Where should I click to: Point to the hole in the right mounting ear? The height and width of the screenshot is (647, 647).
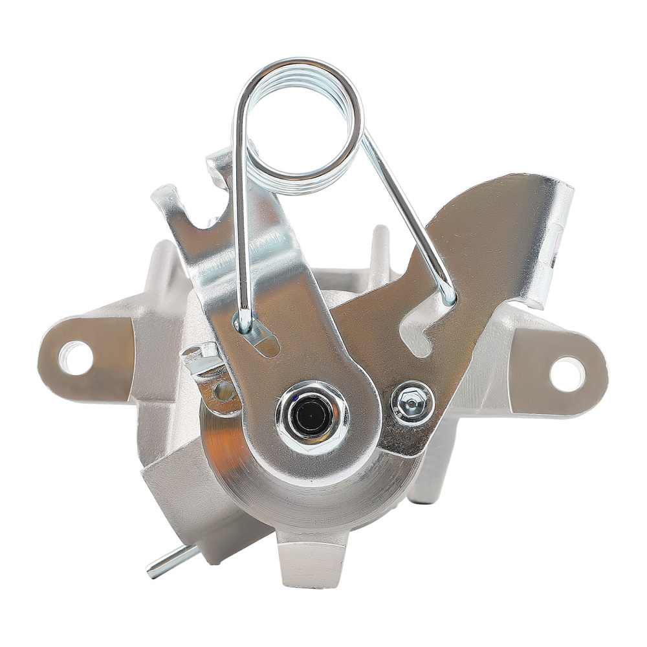pos(567,373)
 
